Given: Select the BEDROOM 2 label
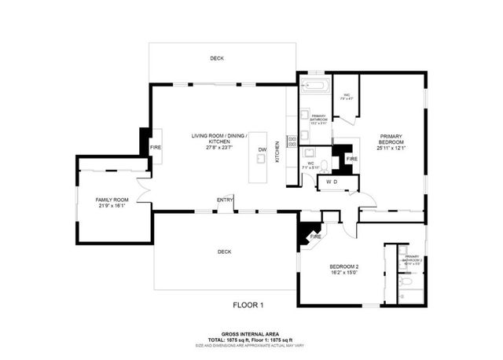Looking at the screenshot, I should (343, 269).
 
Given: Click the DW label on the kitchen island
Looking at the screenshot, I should (262, 149).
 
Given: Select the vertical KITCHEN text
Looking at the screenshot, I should (277, 151).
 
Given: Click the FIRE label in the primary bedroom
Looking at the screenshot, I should (351, 159).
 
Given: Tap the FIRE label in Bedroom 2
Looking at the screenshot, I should (315, 237).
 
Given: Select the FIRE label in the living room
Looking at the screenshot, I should (156, 147).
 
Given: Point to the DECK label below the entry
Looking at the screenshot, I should (225, 252).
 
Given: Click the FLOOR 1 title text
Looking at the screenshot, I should (248, 304).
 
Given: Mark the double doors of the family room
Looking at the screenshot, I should (143, 191).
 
